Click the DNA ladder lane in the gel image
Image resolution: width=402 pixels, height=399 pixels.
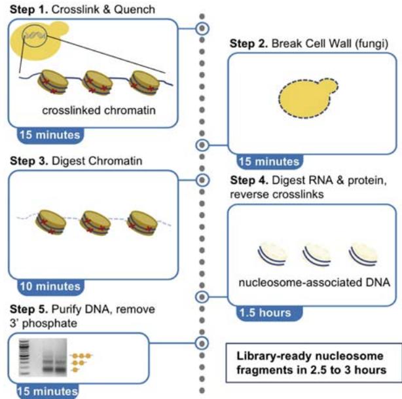[x=26, y=358]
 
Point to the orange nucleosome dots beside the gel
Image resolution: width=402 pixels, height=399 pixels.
[x=80, y=363]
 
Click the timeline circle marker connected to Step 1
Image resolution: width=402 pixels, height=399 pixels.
[x=202, y=28]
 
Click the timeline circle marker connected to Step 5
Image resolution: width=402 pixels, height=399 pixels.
[x=202, y=343]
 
